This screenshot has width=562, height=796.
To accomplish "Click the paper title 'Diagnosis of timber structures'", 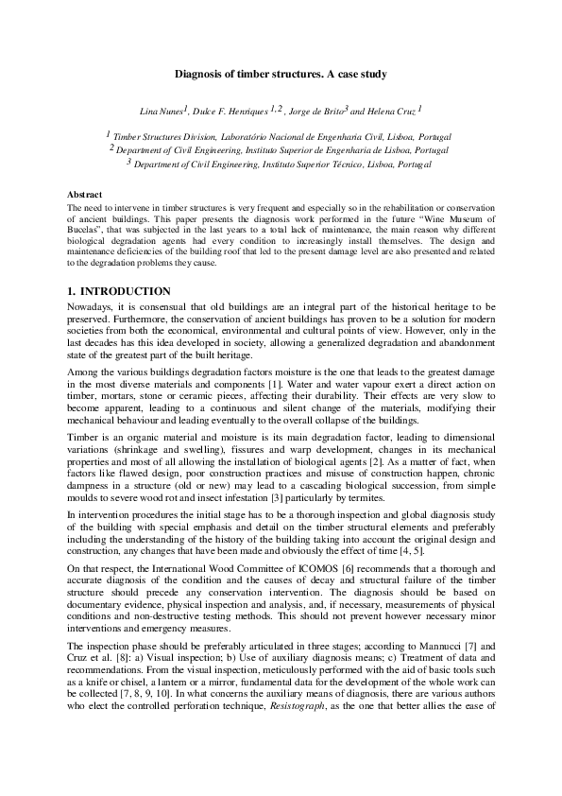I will pos(281,73).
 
